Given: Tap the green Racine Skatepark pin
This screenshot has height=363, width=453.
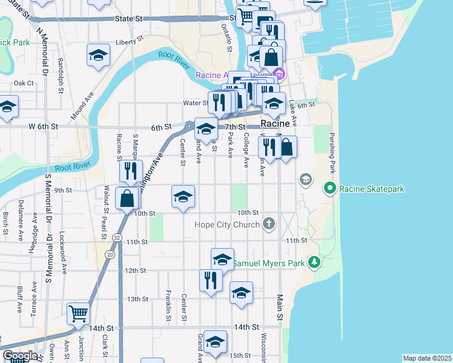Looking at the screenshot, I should coord(330,189).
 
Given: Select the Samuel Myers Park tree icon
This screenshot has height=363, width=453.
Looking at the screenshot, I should coord(314,262).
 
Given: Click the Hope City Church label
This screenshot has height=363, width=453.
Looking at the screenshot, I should coord(227,224).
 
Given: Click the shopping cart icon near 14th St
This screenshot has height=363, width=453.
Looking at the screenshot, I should coord(79,313).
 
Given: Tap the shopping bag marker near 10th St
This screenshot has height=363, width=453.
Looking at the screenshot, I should coord(128,198).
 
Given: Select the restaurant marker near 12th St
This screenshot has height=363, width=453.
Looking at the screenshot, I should coord(211,280).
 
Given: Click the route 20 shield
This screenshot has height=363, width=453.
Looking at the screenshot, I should coord(110,255).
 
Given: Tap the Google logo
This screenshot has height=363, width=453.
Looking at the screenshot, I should coord(20,356).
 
